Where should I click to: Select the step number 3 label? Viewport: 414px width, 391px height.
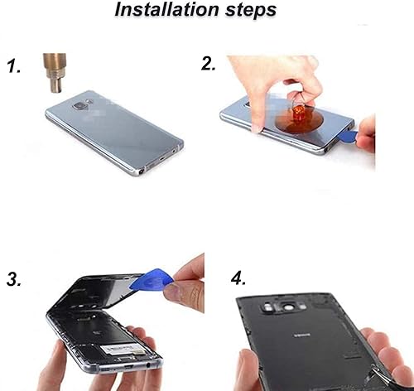(15, 280)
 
